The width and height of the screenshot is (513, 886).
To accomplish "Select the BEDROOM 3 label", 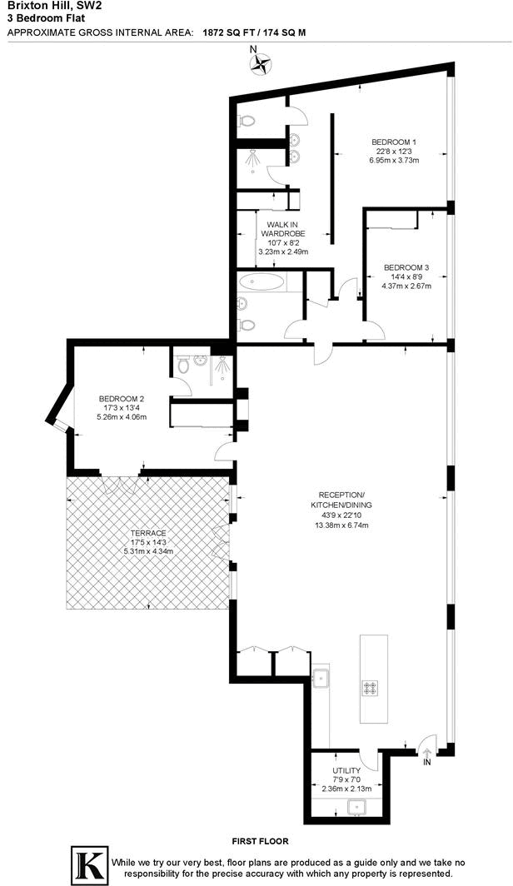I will tap(406, 267).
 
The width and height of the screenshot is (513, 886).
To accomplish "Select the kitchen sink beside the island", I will tap(321, 679).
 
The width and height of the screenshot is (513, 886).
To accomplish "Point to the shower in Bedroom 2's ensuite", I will tap(222, 366).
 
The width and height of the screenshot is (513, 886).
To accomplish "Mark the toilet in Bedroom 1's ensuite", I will tap(246, 122).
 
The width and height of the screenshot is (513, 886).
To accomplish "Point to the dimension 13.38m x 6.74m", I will tap(341, 525).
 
